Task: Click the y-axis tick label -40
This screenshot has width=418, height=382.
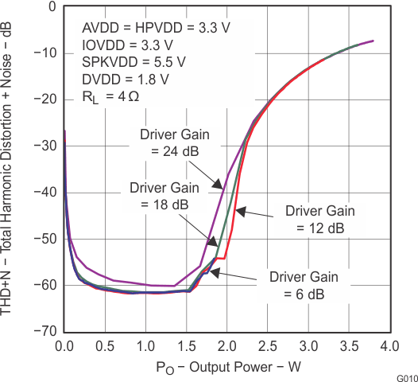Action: pos(46,193)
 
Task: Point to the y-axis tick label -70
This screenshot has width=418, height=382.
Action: pos(46,330)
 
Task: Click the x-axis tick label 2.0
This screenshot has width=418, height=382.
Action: pos(226,346)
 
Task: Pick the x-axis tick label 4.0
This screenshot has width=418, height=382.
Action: pos(389,346)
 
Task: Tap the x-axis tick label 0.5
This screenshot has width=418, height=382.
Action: pos(105,346)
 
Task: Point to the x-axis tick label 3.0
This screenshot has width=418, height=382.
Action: pos(308,346)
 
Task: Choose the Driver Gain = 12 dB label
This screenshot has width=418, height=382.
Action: pos(315,220)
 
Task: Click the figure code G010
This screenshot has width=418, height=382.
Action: pos(405,377)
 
